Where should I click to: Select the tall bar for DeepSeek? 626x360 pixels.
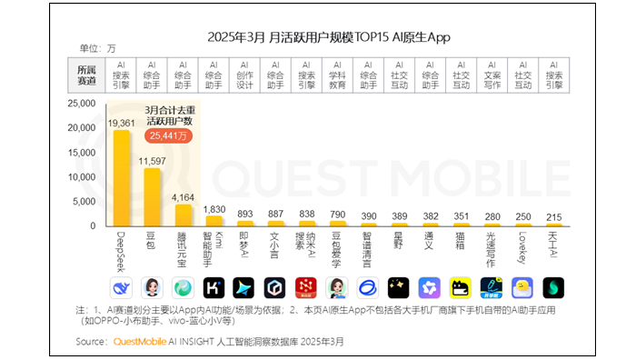point(121,178)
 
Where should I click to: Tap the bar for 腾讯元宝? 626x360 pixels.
point(184,215)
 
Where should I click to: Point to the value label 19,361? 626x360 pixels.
point(121,122)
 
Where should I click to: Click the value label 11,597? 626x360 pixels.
point(152,160)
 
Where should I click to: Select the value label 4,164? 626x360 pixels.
point(184,196)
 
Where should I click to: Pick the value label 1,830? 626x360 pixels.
point(215,209)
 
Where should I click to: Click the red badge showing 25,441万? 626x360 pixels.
point(170,135)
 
